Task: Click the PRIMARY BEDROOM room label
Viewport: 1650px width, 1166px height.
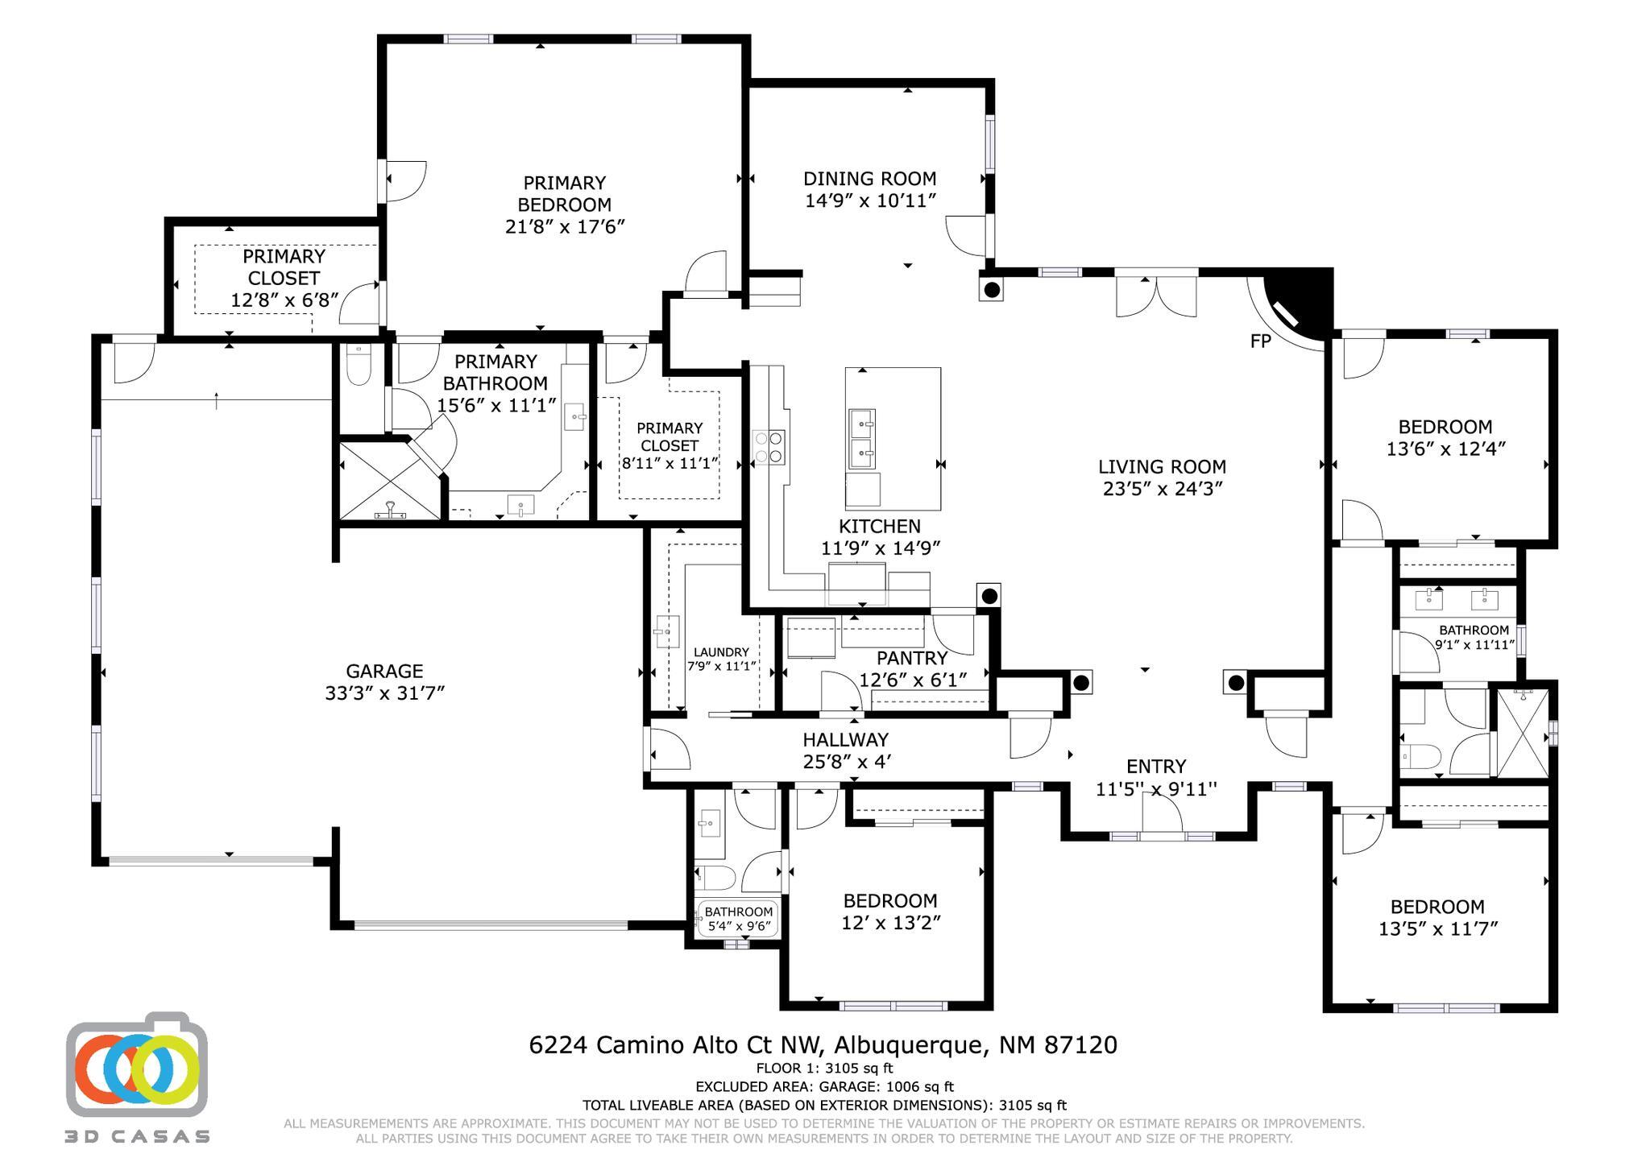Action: [564, 194]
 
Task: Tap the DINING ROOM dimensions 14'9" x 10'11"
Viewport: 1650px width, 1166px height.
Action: [870, 201]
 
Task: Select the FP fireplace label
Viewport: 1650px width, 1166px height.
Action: [1260, 341]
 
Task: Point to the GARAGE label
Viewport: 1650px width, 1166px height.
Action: [384, 671]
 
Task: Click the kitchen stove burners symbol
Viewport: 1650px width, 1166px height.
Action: [769, 448]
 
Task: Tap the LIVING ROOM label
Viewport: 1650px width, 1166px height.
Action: [1162, 466]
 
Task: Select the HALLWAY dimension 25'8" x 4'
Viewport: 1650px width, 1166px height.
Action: [846, 762]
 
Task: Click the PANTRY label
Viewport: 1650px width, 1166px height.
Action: [912, 659]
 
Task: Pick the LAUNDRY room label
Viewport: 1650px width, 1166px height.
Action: [721, 652]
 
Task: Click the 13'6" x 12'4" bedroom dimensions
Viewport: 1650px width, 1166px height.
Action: [1445, 449]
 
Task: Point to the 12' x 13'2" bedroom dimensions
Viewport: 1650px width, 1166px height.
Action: [890, 923]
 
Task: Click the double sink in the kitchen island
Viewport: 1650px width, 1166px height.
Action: [862, 440]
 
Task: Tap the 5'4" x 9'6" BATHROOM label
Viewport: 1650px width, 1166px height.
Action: [739, 919]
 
